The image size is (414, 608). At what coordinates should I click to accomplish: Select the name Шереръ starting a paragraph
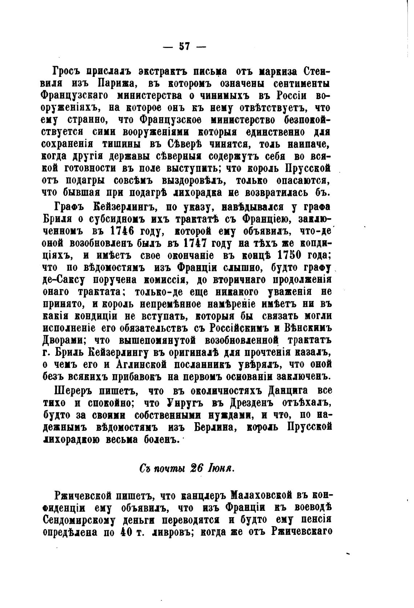(x=72, y=391)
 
